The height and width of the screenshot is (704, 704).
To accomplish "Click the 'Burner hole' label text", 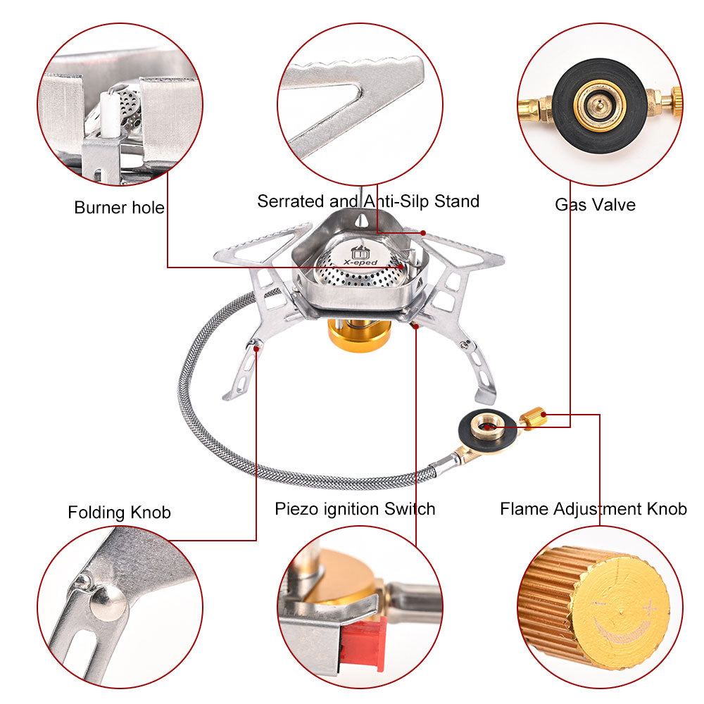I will [119, 208].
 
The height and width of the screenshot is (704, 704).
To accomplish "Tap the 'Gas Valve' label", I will [595, 205].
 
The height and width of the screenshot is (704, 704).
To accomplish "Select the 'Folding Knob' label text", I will [119, 512].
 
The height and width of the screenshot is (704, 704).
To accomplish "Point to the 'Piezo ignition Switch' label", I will [355, 508].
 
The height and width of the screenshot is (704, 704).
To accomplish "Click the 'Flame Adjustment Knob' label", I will [593, 508].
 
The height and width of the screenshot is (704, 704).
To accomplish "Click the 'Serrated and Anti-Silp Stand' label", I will [367, 201].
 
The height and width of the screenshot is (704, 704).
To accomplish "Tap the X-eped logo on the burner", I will [360, 256].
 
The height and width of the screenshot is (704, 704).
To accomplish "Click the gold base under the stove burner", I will [359, 334].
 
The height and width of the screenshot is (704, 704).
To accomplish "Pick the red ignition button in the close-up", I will [363, 643].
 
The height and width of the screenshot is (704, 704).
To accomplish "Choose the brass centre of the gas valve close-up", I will [599, 106].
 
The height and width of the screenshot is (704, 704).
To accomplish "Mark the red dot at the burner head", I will [401, 267].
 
